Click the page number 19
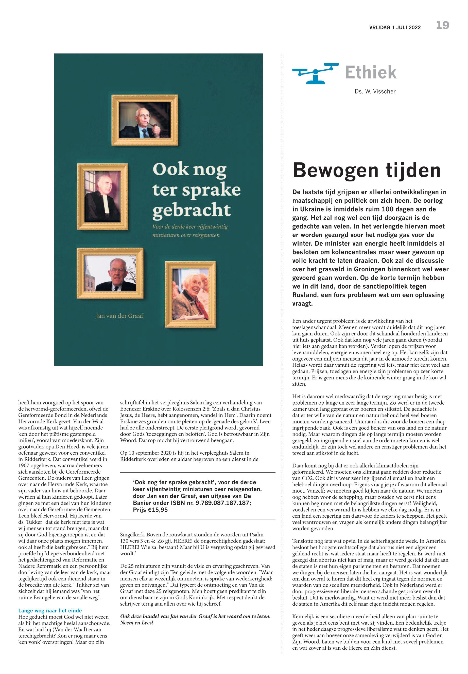pos(442,26)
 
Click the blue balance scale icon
pos(315,73)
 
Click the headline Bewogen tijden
pos(367,171)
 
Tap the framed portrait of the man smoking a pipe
pos(145,120)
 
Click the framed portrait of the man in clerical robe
pos(103,197)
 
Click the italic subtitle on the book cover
pos(190,231)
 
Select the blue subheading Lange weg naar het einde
pos(50,610)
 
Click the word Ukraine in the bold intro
pos(314,210)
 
